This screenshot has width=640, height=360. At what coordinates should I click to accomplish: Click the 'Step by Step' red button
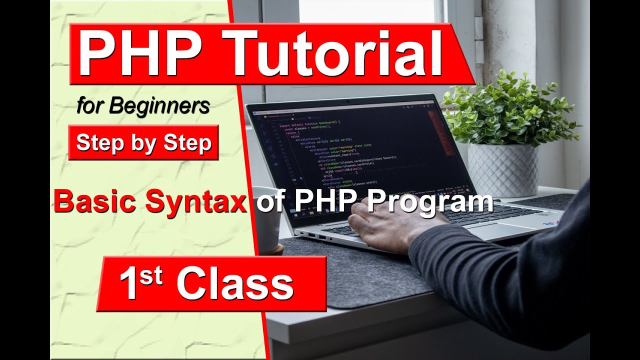[x=143, y=143]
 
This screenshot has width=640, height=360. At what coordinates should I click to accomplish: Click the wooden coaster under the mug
[x=272, y=248]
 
